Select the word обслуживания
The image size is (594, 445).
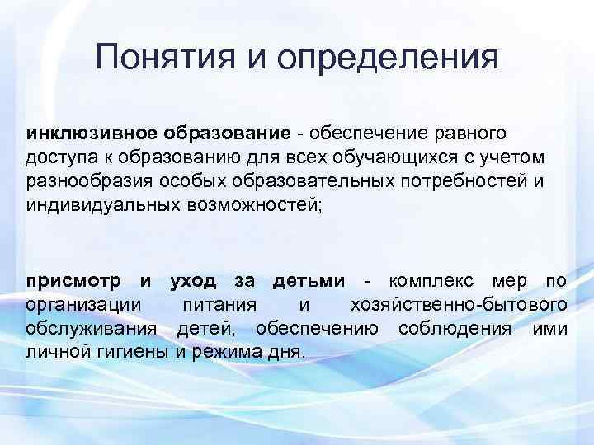[x=92, y=330]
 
